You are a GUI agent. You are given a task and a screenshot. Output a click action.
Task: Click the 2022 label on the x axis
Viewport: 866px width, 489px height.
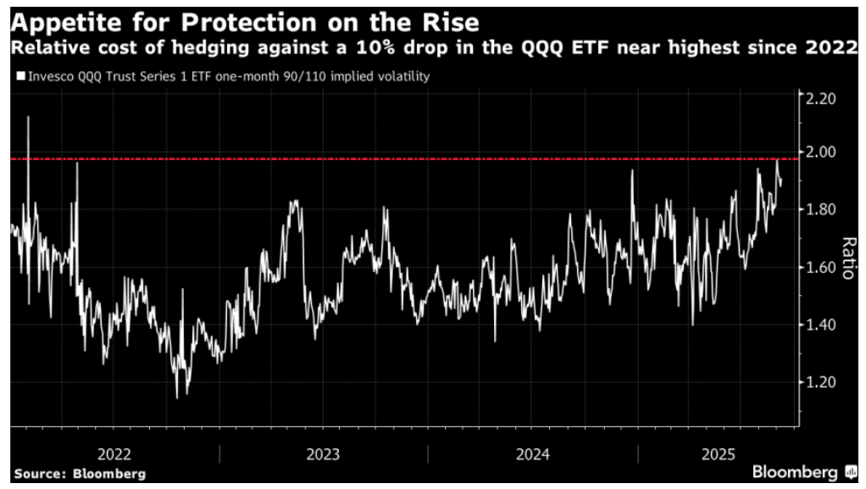[x=114, y=452]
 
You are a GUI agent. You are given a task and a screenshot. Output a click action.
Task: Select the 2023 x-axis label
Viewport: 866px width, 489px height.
[x=323, y=452]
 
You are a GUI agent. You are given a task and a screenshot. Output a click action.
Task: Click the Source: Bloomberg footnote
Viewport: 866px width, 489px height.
[x=79, y=474]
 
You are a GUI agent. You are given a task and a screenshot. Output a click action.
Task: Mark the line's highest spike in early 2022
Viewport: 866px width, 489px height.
[x=28, y=117]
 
